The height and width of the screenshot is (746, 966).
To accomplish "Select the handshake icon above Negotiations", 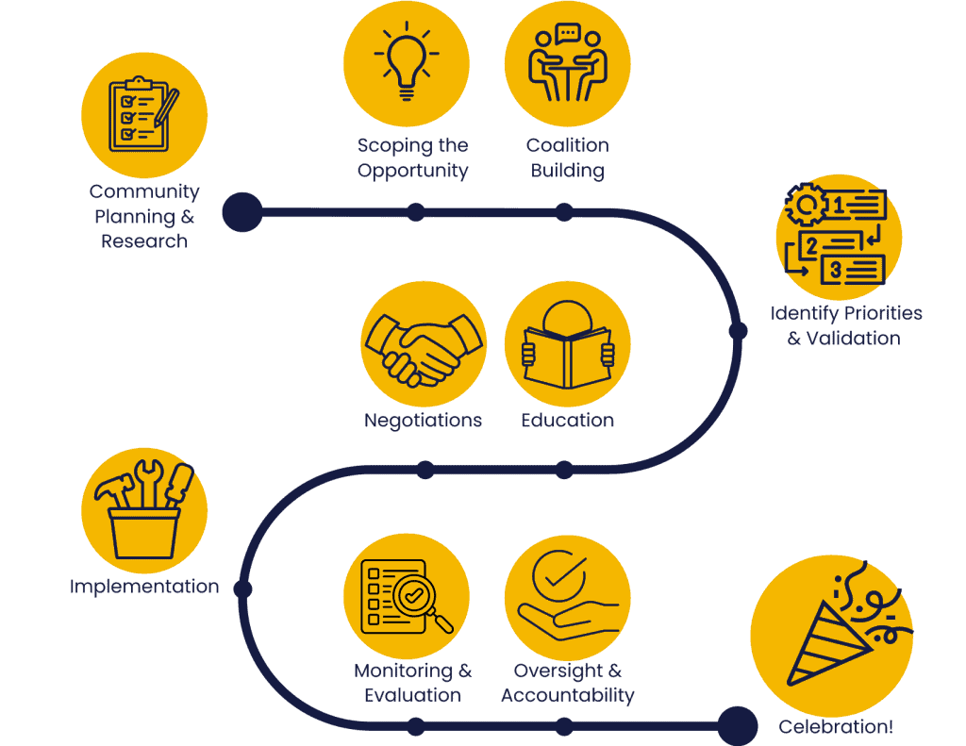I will (x=424, y=345).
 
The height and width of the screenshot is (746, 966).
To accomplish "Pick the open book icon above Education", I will (x=568, y=347).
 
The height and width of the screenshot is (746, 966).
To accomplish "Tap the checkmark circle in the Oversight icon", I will (x=559, y=573).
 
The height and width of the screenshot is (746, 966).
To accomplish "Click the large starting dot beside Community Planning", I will (x=242, y=212).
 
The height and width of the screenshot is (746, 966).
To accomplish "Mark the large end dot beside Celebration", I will (x=737, y=726).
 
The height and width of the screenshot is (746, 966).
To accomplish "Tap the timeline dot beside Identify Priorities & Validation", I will (x=739, y=331).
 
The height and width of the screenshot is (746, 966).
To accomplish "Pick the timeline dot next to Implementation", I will (x=242, y=589).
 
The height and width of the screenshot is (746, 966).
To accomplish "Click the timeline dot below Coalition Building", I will (x=564, y=212).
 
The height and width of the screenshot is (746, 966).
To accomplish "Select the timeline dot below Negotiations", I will (x=425, y=470).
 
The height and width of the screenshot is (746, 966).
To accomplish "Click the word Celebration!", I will (x=835, y=726).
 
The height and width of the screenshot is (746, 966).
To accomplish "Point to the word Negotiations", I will (x=423, y=421).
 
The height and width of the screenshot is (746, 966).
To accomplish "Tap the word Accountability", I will (x=567, y=696).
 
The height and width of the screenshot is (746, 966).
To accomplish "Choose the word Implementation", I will (x=144, y=587).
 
